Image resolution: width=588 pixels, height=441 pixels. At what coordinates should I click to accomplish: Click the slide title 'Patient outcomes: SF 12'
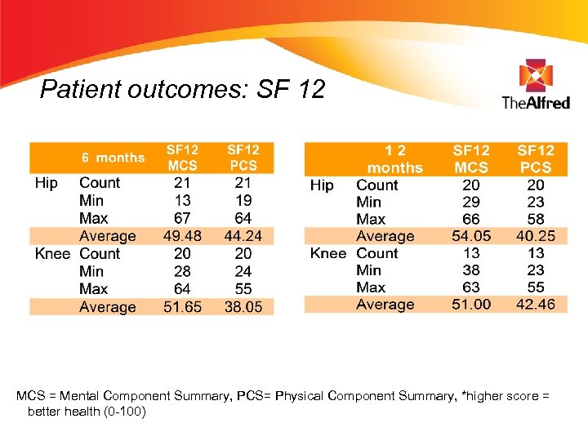pos(182,88)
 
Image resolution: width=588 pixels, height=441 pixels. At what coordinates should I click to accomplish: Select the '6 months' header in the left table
pos(113,158)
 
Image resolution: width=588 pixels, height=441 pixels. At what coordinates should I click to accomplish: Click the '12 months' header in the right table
pos(395,159)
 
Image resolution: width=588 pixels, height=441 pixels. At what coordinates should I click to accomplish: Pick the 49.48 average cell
pos(182,236)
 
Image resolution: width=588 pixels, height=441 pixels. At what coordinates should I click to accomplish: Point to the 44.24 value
pos(243,236)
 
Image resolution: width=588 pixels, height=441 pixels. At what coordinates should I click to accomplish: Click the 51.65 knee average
pos(182,307)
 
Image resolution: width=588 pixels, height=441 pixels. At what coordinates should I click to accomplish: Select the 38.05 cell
pos(243,307)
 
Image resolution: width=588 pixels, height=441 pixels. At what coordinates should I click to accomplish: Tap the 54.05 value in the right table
pos(471,236)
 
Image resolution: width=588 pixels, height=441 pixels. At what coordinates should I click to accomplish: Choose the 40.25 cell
pos(536,236)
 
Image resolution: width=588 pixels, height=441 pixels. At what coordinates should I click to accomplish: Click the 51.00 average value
pos(471,305)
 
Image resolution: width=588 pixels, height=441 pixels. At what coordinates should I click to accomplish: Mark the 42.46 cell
pos(536,305)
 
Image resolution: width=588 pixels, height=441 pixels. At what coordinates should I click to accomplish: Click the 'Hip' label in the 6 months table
pos(47,183)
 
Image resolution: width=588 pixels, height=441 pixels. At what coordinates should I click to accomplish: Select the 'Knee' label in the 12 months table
pos(327,253)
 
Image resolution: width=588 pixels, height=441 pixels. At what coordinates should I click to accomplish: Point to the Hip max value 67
pos(182,218)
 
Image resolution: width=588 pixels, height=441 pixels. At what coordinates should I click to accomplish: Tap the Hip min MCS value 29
pos(471,202)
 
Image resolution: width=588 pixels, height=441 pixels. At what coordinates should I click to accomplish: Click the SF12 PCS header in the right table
pos(536,158)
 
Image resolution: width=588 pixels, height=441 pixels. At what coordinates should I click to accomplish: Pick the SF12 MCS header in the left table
pos(182,158)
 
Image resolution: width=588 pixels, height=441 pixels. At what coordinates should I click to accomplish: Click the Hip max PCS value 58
pos(536,219)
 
